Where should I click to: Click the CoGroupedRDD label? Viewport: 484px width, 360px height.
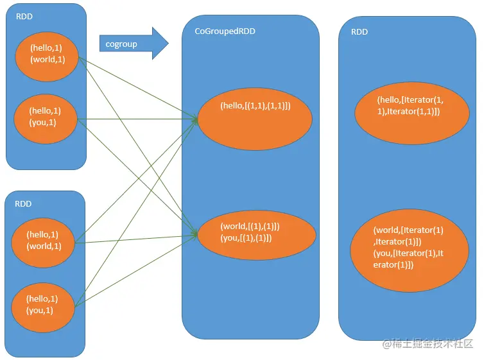click(225, 31)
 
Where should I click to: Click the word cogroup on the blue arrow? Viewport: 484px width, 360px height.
click(121, 44)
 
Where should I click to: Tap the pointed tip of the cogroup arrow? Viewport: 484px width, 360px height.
click(169, 43)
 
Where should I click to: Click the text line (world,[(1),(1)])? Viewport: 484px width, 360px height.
click(250, 226)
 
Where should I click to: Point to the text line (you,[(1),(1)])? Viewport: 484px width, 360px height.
click(246, 238)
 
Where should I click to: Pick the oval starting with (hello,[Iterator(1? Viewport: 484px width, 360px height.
click(412, 113)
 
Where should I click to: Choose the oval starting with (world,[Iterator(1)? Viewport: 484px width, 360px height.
click(410, 250)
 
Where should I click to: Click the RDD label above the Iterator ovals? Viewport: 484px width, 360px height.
click(359, 32)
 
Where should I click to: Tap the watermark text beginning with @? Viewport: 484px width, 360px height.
click(428, 344)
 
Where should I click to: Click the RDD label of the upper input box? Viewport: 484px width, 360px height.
click(24, 16)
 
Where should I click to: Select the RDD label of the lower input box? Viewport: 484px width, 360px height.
click(23, 203)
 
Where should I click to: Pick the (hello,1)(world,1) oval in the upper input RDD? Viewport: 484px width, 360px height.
click(47, 56)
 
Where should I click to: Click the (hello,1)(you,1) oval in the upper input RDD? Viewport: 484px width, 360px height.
click(46, 119)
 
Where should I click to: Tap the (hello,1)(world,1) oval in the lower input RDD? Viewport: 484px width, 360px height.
click(43, 243)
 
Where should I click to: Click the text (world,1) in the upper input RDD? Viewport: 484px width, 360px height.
click(48, 59)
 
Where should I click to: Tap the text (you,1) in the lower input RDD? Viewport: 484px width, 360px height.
click(40, 310)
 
